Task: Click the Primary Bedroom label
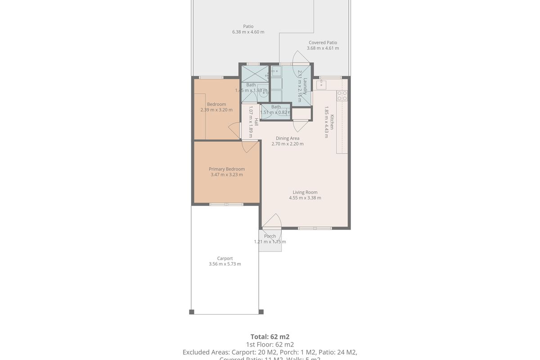pos(227,169)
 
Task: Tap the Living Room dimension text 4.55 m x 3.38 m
pos(305,198)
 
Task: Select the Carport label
pos(225,258)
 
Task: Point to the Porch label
pos(270,236)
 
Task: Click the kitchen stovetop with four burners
pos(342,95)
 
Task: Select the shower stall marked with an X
pos(255,73)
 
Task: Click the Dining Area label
pos(288,138)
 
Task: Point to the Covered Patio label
pos(323,43)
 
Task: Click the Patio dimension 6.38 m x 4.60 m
pos(248,32)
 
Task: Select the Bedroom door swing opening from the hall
pos(234,130)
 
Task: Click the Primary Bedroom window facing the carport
pos(226,204)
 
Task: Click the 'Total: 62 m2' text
pos(270,337)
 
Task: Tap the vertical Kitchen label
pos(332,122)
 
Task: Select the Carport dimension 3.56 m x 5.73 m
pos(225,264)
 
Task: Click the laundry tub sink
pos(275,72)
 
